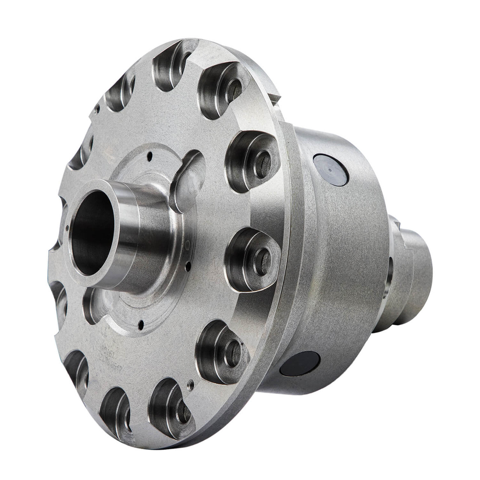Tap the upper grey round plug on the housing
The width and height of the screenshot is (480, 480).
tap(329, 171)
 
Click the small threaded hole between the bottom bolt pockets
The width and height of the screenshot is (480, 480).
tap(191, 384)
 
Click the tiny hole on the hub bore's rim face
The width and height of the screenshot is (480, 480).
tap(66, 226)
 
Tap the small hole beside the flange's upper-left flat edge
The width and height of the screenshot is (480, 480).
tap(97, 109)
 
